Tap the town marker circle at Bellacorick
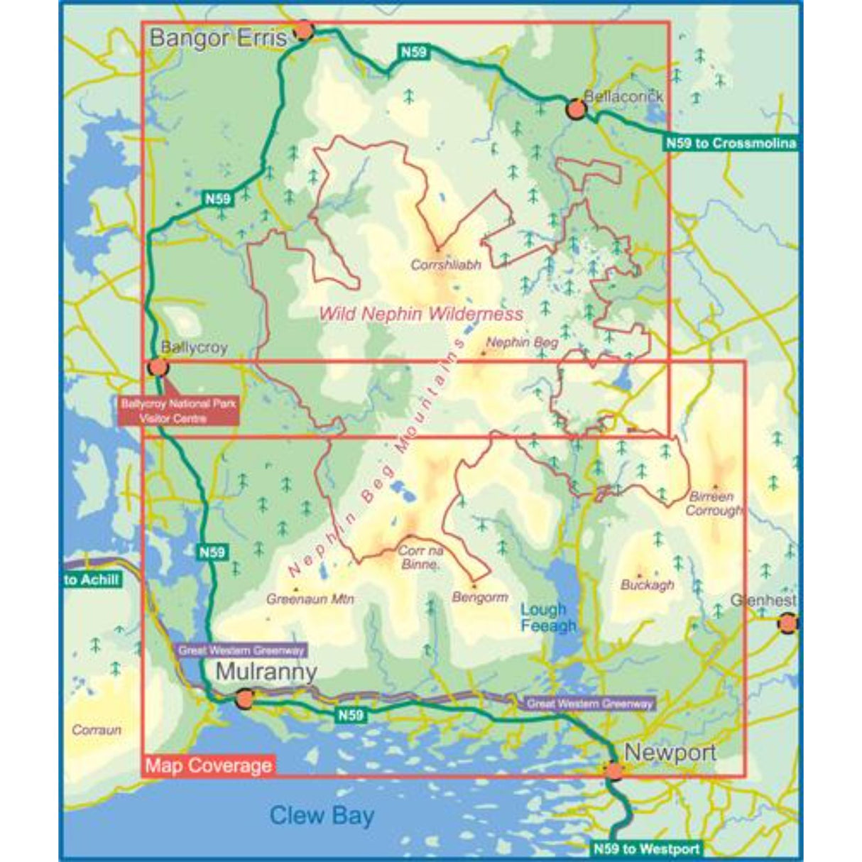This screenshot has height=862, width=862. pos(576,110)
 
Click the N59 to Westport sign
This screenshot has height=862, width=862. pos(645,848)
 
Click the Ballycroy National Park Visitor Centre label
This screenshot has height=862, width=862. pos(178,411)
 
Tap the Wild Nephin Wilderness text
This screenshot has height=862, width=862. pos(421,314)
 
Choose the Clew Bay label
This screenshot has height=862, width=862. pos(322,815)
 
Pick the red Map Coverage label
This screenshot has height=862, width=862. pos(208,765)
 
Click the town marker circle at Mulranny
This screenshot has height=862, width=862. pos(244,699)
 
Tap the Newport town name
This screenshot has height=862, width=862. pos(670,753)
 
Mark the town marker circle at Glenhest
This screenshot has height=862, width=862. pos(787,624)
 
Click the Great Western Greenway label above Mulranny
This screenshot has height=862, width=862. pos(241,650)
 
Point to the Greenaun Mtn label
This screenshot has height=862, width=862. pos(310,599)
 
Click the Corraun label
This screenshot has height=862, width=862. pos(97,730)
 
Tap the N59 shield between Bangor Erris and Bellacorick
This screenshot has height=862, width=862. pos(414,51)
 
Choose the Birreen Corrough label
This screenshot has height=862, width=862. pos(714,503)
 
